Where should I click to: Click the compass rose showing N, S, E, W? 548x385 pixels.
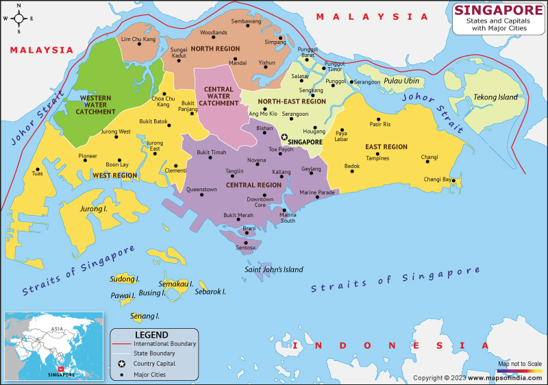point(18,18)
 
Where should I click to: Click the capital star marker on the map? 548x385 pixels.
point(284,137)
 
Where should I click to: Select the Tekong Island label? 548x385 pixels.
point(496,97)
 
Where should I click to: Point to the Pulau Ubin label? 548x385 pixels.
point(401,81)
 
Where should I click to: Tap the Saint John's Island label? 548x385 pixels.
point(274,269)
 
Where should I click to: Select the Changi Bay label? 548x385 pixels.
point(437,179)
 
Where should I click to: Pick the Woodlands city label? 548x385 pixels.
point(214,32)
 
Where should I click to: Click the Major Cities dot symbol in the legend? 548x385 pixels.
point(121,375)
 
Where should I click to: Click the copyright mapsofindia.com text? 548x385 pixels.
point(478,377)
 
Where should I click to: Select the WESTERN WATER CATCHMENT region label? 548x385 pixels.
point(96,105)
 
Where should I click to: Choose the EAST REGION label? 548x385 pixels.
point(386,147)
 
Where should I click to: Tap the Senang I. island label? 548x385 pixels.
point(145,316)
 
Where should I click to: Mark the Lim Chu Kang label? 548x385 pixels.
point(138,39)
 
